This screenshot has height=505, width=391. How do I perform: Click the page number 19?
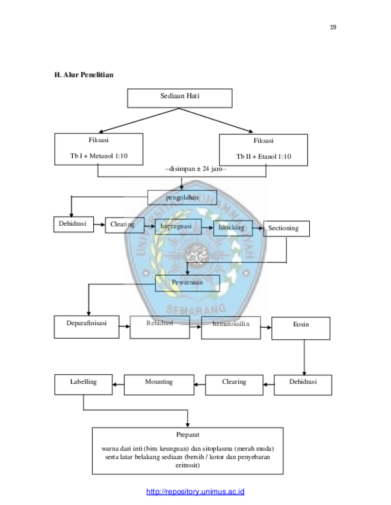(x=333, y=27)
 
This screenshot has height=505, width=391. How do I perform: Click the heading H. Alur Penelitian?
(x=84, y=74)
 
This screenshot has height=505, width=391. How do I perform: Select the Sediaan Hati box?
(x=180, y=98)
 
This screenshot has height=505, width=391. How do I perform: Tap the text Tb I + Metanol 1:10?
(x=99, y=156)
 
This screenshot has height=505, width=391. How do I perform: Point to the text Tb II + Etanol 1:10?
(x=263, y=157)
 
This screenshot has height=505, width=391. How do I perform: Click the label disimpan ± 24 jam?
(x=196, y=169)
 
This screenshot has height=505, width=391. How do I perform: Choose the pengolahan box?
(x=182, y=198)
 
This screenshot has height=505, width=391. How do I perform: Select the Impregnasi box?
(x=179, y=227)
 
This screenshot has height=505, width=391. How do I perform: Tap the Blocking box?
(x=233, y=228)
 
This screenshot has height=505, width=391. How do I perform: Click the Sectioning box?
(x=286, y=229)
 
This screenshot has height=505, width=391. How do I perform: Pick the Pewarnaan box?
(x=188, y=283)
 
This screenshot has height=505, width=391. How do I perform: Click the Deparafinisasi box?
(x=87, y=327)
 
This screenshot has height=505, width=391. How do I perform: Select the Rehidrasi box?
(x=159, y=327)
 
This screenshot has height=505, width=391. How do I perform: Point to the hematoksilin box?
(x=231, y=328)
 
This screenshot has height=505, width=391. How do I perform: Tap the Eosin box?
(x=301, y=328)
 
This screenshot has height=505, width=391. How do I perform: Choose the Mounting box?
(x=159, y=384)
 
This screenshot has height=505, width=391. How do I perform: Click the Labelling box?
(x=83, y=384)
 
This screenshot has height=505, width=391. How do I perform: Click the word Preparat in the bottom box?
(x=188, y=435)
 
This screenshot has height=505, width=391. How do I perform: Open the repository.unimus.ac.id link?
(x=195, y=492)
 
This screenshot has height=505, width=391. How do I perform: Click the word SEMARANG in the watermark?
(x=196, y=309)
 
